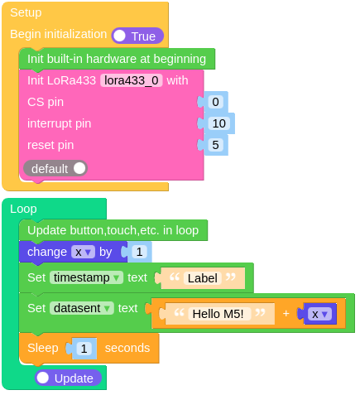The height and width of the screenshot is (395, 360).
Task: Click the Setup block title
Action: pos(26,12)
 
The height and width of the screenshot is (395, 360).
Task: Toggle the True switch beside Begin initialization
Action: pos(137,36)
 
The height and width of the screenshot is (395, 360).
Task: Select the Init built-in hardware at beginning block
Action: pos(116,59)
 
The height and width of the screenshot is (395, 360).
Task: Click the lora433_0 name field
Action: pos(132,80)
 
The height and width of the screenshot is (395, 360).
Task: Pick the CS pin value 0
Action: pos(215,102)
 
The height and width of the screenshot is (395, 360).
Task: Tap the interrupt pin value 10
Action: pos(218,123)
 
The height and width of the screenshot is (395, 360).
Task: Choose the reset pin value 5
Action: pos(215,145)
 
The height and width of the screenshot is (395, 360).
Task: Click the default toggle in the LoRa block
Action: pos(55,168)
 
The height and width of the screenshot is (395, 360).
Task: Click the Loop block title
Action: pos(23,209)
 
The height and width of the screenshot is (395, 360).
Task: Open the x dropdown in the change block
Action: pos(82,252)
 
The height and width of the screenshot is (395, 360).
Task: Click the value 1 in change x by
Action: pos(138,252)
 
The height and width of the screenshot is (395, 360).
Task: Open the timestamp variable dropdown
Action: pos(87,277)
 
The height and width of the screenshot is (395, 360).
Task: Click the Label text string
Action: pos(203,278)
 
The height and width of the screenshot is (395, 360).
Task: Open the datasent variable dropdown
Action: pos(81,308)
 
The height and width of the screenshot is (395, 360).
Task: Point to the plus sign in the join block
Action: pos(286,314)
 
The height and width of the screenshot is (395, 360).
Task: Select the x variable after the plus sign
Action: pos(319,314)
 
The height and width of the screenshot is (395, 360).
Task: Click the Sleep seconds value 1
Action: pos(84,349)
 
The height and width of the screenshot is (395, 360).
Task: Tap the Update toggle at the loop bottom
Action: pos(69,378)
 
